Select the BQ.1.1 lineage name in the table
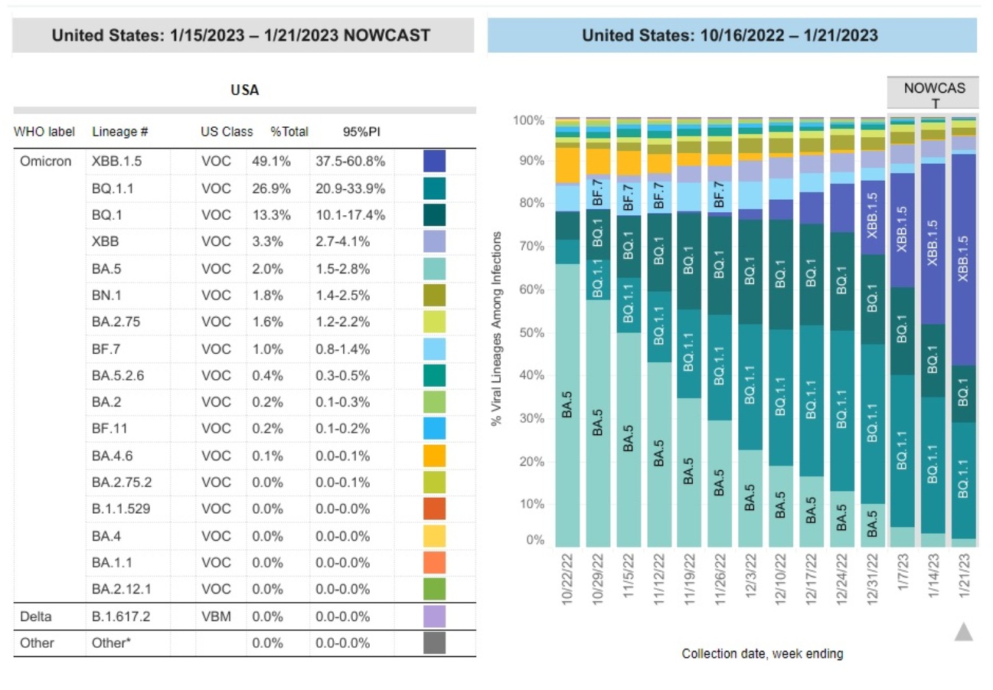coord(113,188)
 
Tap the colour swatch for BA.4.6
coord(434,456)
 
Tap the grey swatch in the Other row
coord(434,643)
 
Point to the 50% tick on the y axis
coord(528,333)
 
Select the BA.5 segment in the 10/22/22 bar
coord(568,406)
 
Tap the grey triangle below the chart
coord(964,631)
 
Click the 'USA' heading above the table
coord(245,90)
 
